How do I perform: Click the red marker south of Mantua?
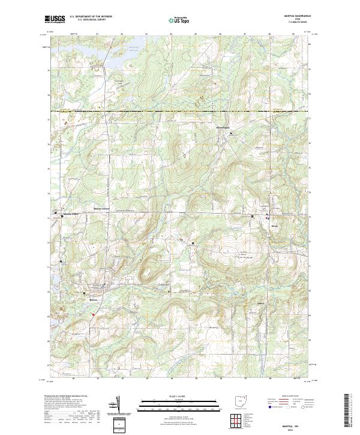tap(94, 314)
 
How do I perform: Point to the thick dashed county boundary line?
tap(180, 112)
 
